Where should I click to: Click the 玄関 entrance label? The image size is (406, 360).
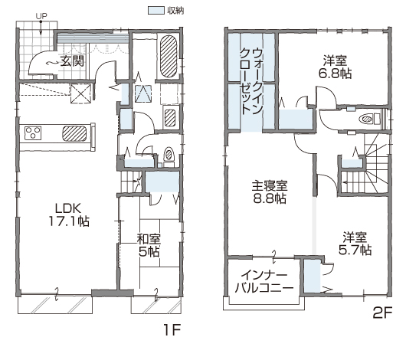(x=72, y=61)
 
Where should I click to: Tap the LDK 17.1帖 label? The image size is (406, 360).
(x=69, y=214)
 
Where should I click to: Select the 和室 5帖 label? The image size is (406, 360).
(x=149, y=245)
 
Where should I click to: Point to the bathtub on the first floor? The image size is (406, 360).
(x=169, y=56)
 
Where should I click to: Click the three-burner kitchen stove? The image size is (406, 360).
(x=33, y=133)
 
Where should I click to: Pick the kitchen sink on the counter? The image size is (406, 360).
(x=74, y=133)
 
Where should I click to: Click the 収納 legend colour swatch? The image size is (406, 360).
(x=156, y=11)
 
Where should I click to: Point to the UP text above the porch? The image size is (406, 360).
(x=41, y=16)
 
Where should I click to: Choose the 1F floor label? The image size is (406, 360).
(x=172, y=330)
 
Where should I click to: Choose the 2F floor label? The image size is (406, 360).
(x=383, y=313)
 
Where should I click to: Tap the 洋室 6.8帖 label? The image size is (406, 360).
(x=335, y=67)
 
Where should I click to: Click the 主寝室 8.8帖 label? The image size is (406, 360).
(x=270, y=192)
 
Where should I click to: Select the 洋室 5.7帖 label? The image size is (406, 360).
(x=355, y=244)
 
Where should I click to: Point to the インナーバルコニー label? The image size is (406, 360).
(x=264, y=282)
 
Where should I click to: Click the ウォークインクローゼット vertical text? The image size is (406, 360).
(x=252, y=81)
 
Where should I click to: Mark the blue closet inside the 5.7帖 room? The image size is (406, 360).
(x=312, y=276)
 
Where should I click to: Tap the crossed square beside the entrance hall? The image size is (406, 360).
(x=80, y=93)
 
